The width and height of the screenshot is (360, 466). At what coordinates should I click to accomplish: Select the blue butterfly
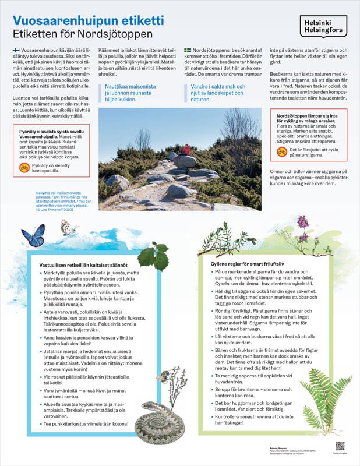pos(33,236)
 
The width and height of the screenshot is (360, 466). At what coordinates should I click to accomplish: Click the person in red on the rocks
pos(186,150)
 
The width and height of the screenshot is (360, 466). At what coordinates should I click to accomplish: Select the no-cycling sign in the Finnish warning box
pos(24,167)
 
